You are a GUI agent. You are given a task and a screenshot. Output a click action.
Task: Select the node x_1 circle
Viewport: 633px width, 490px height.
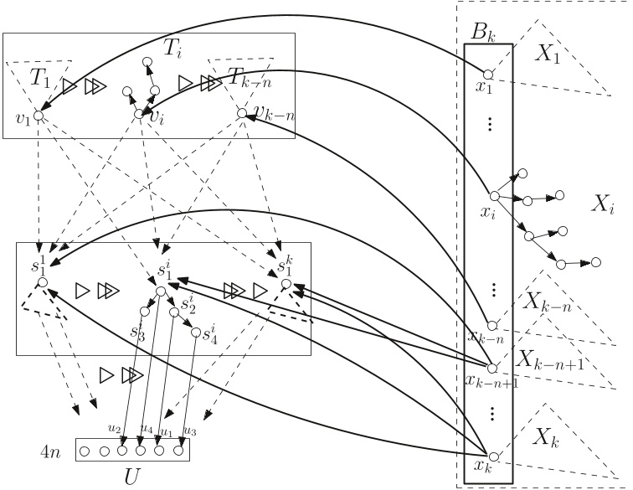point(488,74)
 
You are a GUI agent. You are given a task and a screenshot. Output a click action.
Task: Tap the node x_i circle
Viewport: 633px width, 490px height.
point(494,195)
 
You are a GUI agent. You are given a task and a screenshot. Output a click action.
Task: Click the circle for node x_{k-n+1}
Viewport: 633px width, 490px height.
point(492,368)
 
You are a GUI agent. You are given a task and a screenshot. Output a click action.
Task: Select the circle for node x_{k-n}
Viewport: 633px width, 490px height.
point(492,325)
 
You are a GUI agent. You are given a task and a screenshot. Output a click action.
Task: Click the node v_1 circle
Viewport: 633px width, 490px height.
point(39,115)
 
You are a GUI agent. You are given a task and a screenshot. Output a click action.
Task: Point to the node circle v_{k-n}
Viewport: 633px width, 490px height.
point(241,113)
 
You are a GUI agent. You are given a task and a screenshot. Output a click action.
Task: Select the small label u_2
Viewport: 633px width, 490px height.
point(114,428)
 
